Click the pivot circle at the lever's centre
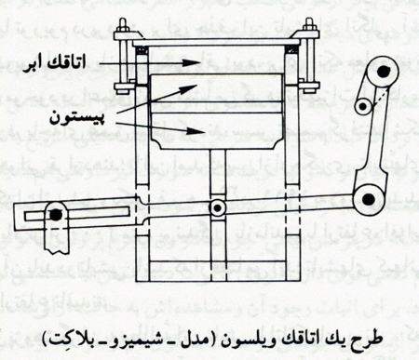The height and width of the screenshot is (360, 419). [x=217, y=207]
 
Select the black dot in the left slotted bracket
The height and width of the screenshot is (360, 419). [x=57, y=215]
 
